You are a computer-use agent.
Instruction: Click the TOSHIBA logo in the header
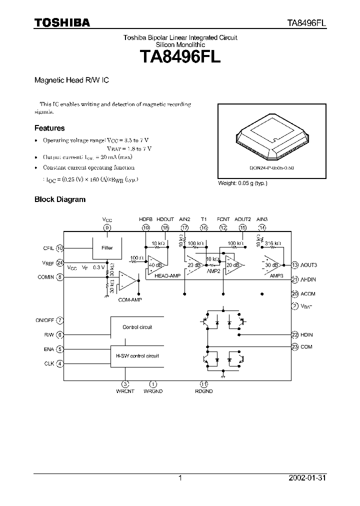62,22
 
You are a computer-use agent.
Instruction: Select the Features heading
49,128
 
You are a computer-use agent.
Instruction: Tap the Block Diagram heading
59,199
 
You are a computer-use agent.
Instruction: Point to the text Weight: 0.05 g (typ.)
243,183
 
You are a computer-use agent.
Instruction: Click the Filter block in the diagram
107,247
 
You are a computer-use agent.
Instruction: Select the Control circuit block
137,327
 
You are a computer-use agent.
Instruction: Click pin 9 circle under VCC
107,227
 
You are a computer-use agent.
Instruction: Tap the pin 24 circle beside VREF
60,262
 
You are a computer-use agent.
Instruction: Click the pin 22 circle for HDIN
295,334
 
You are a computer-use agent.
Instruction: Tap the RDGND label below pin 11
204,391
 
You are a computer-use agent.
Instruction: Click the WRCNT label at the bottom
125,391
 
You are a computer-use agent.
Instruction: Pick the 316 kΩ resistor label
272,243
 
